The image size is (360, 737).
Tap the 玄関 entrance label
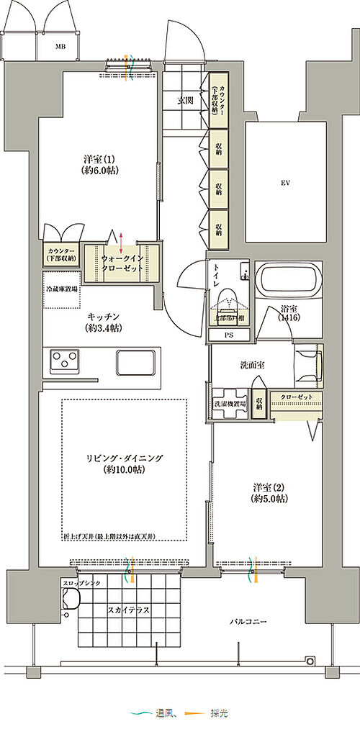tap(186, 101)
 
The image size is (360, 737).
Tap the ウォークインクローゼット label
tap(120, 262)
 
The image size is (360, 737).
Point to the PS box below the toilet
tap(229, 335)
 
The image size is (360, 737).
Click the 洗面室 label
tap(252, 365)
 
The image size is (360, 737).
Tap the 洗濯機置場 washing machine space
tap(229, 404)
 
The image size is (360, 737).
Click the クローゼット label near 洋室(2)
tap(296, 397)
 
